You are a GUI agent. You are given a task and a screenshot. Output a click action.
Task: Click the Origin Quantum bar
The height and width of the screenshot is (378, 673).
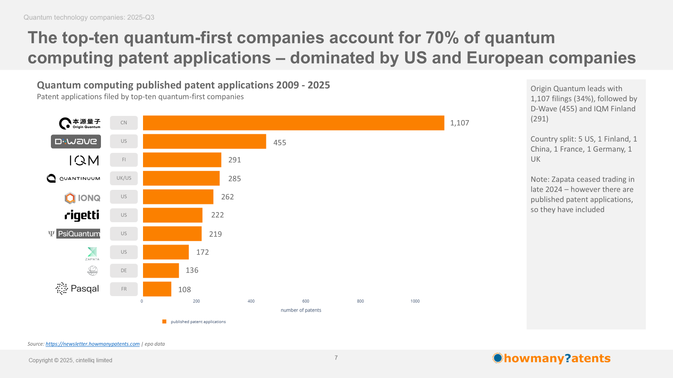(x=293, y=123)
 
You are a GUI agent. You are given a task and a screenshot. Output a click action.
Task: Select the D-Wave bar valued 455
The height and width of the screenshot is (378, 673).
(x=204, y=142)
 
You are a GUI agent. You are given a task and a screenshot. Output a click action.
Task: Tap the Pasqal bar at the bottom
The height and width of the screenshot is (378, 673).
(x=157, y=289)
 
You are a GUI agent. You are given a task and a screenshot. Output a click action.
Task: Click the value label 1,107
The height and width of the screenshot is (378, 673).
(x=459, y=123)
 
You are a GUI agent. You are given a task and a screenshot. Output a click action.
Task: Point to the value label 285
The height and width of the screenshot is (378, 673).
(x=234, y=178)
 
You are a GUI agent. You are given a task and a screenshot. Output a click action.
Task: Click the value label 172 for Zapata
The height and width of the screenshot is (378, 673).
(x=202, y=252)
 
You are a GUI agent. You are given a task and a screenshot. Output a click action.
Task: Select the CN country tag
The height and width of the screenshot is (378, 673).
(x=124, y=123)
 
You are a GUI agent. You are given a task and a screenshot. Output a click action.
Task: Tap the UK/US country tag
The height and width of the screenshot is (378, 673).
(x=124, y=178)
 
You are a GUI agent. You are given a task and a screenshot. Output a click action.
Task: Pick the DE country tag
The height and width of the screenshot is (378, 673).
(x=124, y=270)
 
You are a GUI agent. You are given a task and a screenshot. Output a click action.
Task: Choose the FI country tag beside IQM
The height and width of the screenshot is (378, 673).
(x=124, y=160)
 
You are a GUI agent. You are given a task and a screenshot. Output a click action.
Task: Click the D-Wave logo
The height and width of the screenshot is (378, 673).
(x=76, y=142)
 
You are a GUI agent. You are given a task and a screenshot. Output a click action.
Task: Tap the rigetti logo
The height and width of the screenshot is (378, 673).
(x=82, y=215)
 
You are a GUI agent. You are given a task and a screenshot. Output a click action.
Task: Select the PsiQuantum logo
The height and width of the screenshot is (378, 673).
(x=74, y=234)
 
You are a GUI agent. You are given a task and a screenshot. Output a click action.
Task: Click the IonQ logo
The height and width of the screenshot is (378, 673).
(x=82, y=197)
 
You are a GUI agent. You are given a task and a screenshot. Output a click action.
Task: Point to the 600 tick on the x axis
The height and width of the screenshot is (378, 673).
(x=305, y=301)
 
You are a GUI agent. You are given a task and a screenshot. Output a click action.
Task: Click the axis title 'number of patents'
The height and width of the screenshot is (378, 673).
(x=301, y=310)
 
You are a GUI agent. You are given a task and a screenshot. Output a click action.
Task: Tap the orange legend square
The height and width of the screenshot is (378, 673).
(x=164, y=322)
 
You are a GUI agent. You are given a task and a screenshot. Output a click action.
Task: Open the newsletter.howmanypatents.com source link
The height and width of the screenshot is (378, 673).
(x=93, y=344)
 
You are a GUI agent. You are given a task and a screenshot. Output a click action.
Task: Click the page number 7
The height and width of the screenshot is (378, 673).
(x=336, y=358)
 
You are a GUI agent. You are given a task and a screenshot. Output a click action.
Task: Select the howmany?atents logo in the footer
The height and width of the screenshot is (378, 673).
(x=551, y=358)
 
